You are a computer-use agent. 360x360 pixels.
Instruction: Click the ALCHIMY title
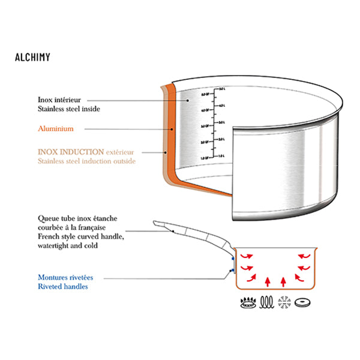pyautogui.click(x=32, y=58)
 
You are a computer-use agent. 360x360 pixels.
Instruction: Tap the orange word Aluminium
pyautogui.click(x=55, y=128)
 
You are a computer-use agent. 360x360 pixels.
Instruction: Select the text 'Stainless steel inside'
pyautogui.click(x=68, y=109)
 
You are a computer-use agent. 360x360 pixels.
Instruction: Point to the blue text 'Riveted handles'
pyautogui.click(x=64, y=286)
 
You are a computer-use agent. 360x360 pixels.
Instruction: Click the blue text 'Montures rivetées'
pyautogui.click(x=65, y=277)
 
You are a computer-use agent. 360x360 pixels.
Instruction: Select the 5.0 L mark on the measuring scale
pyautogui.click(x=221, y=89)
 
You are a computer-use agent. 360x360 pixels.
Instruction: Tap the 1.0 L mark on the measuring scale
pyautogui.click(x=221, y=155)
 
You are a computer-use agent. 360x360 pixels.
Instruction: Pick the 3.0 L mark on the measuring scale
pyautogui.click(x=221, y=122)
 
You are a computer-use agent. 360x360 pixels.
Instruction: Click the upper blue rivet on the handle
pyautogui.click(x=233, y=260)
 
